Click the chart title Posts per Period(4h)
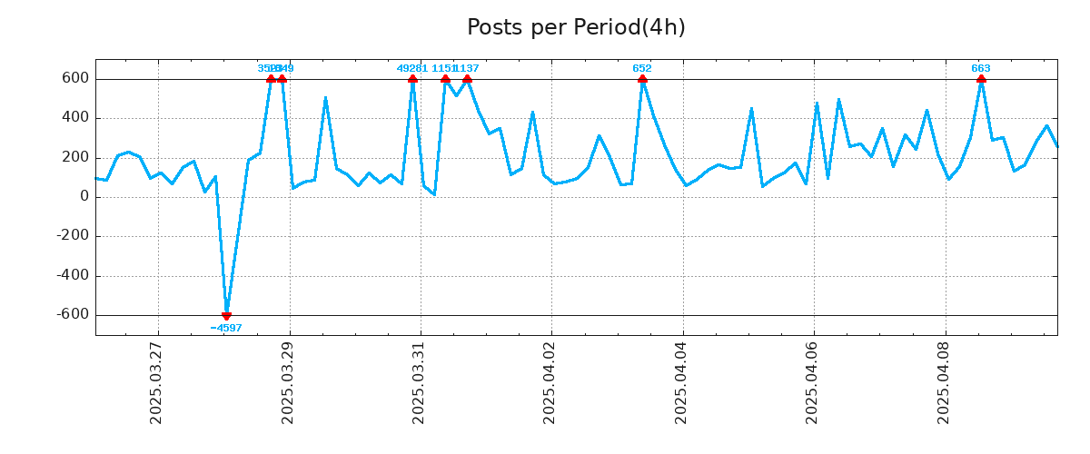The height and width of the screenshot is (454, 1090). pyautogui.click(x=576, y=28)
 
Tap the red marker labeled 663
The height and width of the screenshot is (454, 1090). pyautogui.click(x=981, y=79)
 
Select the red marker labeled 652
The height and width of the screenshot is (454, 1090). pyautogui.click(x=642, y=79)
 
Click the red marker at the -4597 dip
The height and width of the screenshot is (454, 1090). pyautogui.click(x=226, y=315)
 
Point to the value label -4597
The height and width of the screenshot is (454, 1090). pyautogui.click(x=226, y=328)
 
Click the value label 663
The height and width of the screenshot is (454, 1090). pyautogui.click(x=981, y=68)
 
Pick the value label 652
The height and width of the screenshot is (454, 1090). pyautogui.click(x=642, y=68)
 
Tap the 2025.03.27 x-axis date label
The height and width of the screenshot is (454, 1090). pyautogui.click(x=156, y=382)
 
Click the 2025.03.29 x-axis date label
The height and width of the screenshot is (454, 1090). pyautogui.click(x=288, y=382)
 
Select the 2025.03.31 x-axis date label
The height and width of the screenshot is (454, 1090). pyautogui.click(x=419, y=382)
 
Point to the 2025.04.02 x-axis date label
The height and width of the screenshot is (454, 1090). pyautogui.click(x=550, y=382)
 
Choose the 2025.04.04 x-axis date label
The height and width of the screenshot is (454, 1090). pyautogui.click(x=681, y=382)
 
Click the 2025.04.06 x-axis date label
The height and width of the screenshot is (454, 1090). pyautogui.click(x=812, y=382)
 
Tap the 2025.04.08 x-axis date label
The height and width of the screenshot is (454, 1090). pyautogui.click(x=944, y=382)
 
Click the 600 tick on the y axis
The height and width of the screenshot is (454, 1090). pyautogui.click(x=76, y=79)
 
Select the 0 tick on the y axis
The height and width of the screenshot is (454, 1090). pyautogui.click(x=84, y=197)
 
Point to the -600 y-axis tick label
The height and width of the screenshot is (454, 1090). pyautogui.click(x=73, y=315)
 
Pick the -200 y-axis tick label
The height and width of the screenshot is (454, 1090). pyautogui.click(x=73, y=236)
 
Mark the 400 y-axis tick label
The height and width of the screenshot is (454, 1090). pyautogui.click(x=76, y=118)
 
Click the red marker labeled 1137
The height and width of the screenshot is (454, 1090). pyautogui.click(x=467, y=79)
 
